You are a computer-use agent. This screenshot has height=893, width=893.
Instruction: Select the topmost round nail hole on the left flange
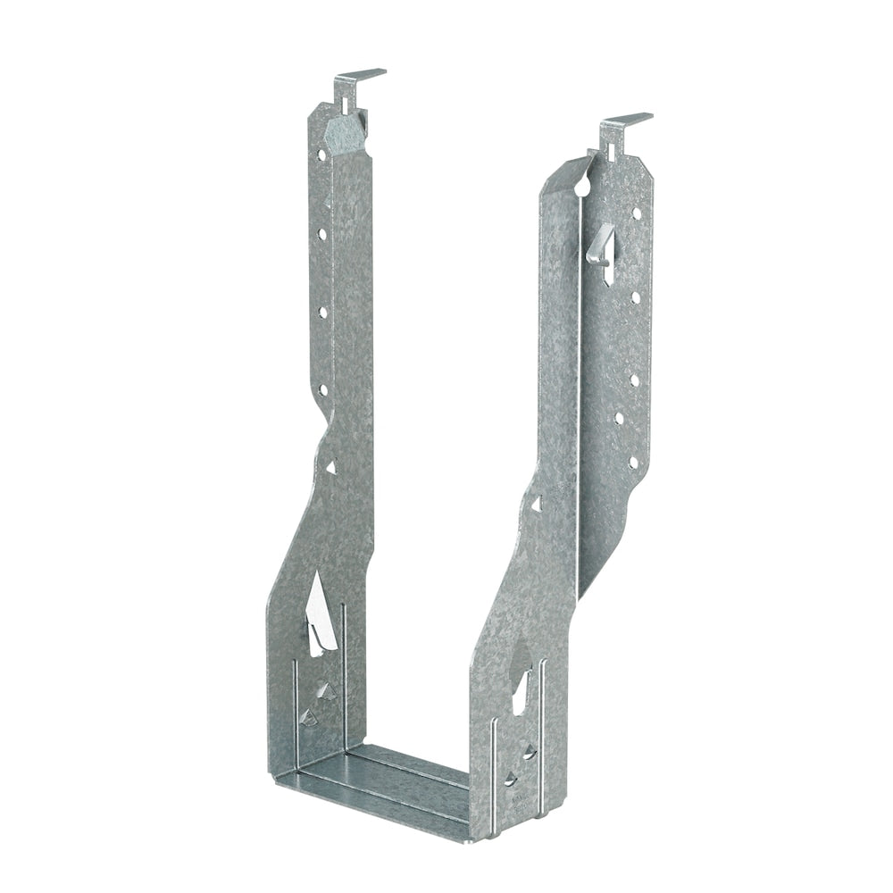(x=321, y=154)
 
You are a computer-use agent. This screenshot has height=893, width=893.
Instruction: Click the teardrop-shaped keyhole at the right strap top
(x=582, y=187)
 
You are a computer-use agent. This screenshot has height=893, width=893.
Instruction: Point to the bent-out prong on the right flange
(x=604, y=245)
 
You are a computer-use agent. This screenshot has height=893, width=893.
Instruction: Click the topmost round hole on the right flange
(x=637, y=213)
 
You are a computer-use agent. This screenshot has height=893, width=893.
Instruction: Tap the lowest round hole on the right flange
(x=633, y=463)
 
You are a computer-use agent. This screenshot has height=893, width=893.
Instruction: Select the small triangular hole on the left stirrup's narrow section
(x=330, y=466)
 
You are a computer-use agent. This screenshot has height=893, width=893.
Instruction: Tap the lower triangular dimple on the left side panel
(x=309, y=716)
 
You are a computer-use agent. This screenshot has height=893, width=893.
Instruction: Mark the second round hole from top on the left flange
(x=321, y=234)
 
